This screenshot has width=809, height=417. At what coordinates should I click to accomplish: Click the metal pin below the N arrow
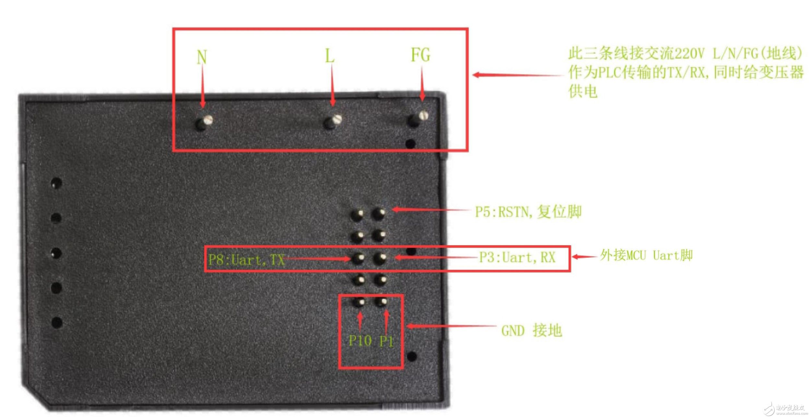(x=204, y=122)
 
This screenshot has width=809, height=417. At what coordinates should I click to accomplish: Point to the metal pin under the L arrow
(x=333, y=122)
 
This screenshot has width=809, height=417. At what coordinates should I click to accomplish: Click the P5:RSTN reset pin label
(x=528, y=212)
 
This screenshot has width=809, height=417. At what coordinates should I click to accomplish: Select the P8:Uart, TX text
(x=246, y=260)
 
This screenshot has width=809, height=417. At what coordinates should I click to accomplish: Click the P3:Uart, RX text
(x=517, y=258)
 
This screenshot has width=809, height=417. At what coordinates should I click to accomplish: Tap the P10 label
(x=360, y=341)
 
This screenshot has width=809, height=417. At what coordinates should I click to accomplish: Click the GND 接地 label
(x=531, y=331)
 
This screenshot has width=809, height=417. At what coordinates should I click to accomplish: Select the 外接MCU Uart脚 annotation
(x=646, y=255)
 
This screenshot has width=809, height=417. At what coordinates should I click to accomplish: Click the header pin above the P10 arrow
(x=359, y=302)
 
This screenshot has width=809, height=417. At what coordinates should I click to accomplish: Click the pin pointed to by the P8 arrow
(x=358, y=258)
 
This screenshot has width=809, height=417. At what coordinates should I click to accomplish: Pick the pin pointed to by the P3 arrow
(x=380, y=258)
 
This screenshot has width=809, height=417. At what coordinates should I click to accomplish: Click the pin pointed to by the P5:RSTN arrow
(x=378, y=214)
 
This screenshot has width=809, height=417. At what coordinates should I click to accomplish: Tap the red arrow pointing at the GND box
(x=451, y=326)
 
